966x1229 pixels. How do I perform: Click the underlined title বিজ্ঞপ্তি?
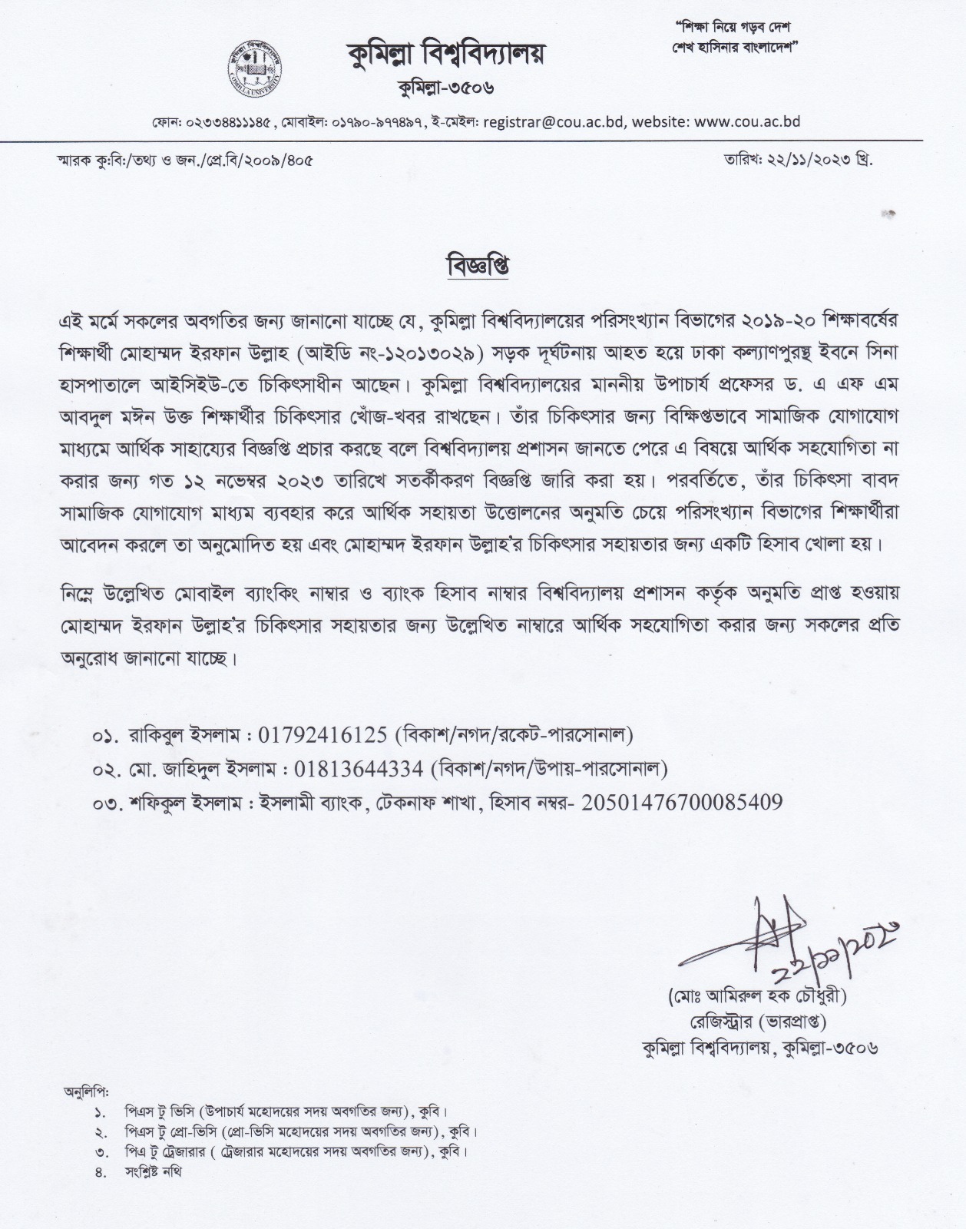pos(478,267)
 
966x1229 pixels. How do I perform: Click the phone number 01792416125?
pos(323,735)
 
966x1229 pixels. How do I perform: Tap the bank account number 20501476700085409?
pos(683,803)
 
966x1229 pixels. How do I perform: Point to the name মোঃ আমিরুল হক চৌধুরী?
pos(756,997)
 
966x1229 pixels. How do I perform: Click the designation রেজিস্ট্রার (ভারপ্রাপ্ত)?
pos(756,1022)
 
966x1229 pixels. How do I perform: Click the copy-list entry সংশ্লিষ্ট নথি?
pos(154,1172)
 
